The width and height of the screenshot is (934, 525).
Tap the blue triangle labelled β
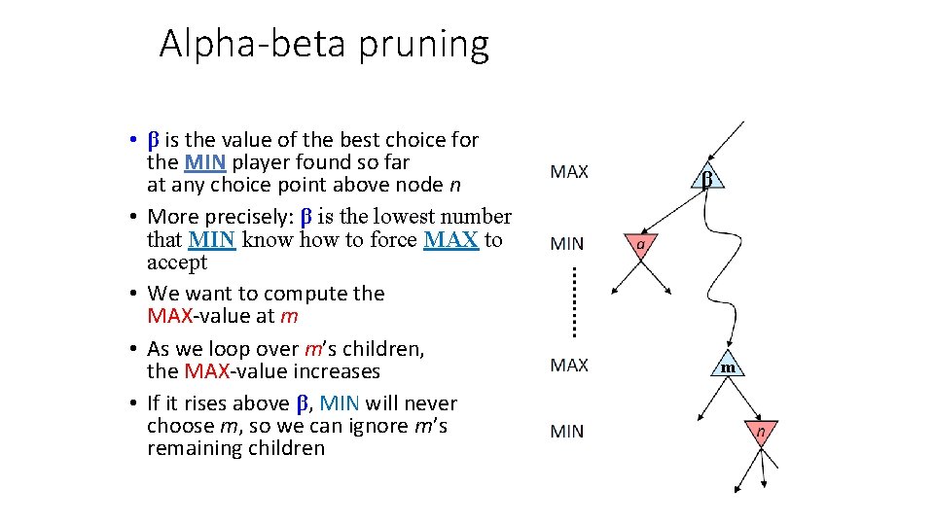pos(707,177)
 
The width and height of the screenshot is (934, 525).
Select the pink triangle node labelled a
pos(641,245)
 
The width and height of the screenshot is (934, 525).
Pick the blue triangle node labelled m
pos(728,366)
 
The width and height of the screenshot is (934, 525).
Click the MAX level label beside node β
pos(569,172)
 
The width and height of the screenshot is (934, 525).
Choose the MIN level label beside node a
pos(567,244)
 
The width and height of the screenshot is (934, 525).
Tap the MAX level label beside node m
pos(569,366)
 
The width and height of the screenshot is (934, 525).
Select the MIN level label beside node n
pos(567,431)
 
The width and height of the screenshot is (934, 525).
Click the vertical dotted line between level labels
pos(573,302)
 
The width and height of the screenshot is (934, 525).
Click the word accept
pos(177,262)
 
